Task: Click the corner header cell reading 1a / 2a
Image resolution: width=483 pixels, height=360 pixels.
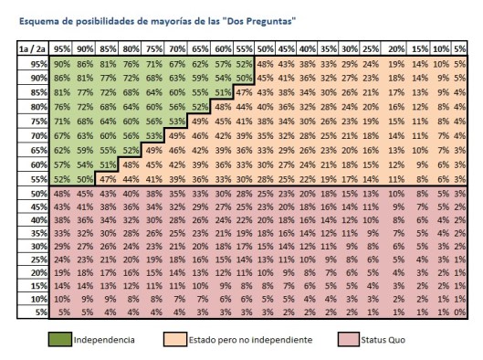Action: click(x=33, y=48)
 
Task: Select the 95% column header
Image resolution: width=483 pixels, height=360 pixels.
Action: click(x=62, y=48)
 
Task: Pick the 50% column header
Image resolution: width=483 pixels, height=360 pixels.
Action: click(x=265, y=48)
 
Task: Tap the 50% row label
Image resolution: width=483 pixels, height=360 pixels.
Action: click(x=37, y=193)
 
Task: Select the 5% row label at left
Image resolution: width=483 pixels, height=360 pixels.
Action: click(x=39, y=312)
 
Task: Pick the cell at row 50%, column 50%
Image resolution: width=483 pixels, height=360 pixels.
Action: click(x=265, y=193)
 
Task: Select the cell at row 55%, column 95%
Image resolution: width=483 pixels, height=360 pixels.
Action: click(x=62, y=180)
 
